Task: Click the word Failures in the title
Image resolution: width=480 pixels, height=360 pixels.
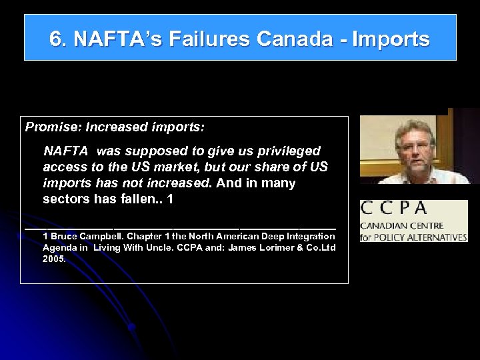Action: click(209, 39)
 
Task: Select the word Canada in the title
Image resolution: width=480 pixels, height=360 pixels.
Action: click(293, 39)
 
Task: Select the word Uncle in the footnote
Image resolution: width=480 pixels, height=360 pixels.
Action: click(171, 247)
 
